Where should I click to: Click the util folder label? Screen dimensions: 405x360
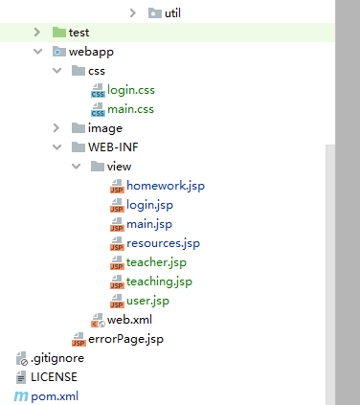coord(173,13)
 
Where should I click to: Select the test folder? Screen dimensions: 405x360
coord(79,33)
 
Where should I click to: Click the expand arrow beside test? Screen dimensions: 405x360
coord(37,33)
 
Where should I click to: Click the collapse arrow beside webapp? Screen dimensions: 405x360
coord(37,52)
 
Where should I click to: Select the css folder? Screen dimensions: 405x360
coord(97,71)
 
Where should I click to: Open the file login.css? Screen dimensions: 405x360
coord(130,90)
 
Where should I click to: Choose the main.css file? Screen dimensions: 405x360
coord(130,109)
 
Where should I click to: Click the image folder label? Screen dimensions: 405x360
coord(104,128)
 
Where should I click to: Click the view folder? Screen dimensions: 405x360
coord(119,167)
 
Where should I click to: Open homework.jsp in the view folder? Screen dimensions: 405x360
coord(165,186)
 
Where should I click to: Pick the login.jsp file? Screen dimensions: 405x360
coord(149,205)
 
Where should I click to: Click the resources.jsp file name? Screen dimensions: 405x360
coord(163,243)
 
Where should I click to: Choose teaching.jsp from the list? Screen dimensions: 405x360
coord(159,281)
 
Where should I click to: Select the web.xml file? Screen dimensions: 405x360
coord(129,320)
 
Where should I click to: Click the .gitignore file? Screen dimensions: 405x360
coord(57,358)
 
